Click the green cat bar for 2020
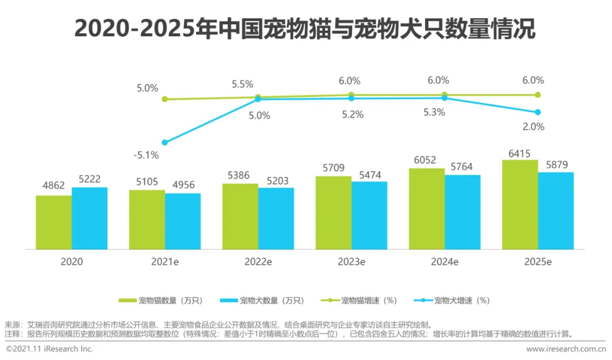click(54, 222)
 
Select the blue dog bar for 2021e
click(183, 221)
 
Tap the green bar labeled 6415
click(520, 204)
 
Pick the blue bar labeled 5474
click(369, 215)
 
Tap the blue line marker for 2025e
click(538, 112)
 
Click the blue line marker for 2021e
click(165, 142)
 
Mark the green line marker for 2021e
click(165, 99)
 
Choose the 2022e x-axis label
click(258, 262)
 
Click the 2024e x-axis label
click(444, 262)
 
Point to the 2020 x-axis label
click(71, 262)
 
